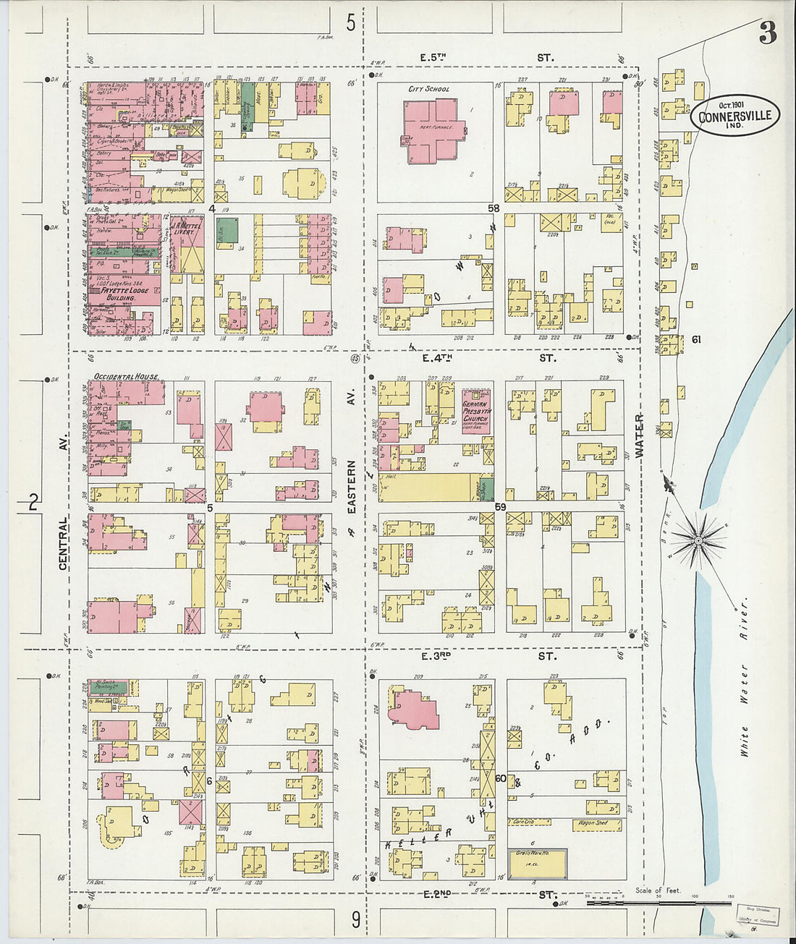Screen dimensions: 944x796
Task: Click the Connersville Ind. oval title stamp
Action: (x=734, y=116)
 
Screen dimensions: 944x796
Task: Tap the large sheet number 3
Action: (x=768, y=33)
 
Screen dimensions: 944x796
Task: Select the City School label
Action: (x=428, y=89)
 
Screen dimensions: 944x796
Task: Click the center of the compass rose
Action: (x=698, y=540)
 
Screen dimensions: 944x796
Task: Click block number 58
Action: (x=494, y=208)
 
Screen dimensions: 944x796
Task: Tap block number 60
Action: (x=500, y=778)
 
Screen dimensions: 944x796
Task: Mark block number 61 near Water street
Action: (x=696, y=339)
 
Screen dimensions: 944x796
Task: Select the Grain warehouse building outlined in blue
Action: (x=537, y=864)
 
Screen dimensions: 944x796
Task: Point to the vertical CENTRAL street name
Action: (x=63, y=543)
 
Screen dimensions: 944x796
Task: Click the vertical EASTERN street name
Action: (x=352, y=488)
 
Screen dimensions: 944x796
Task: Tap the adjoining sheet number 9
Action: (x=355, y=920)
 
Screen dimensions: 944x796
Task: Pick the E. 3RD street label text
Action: (x=436, y=656)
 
